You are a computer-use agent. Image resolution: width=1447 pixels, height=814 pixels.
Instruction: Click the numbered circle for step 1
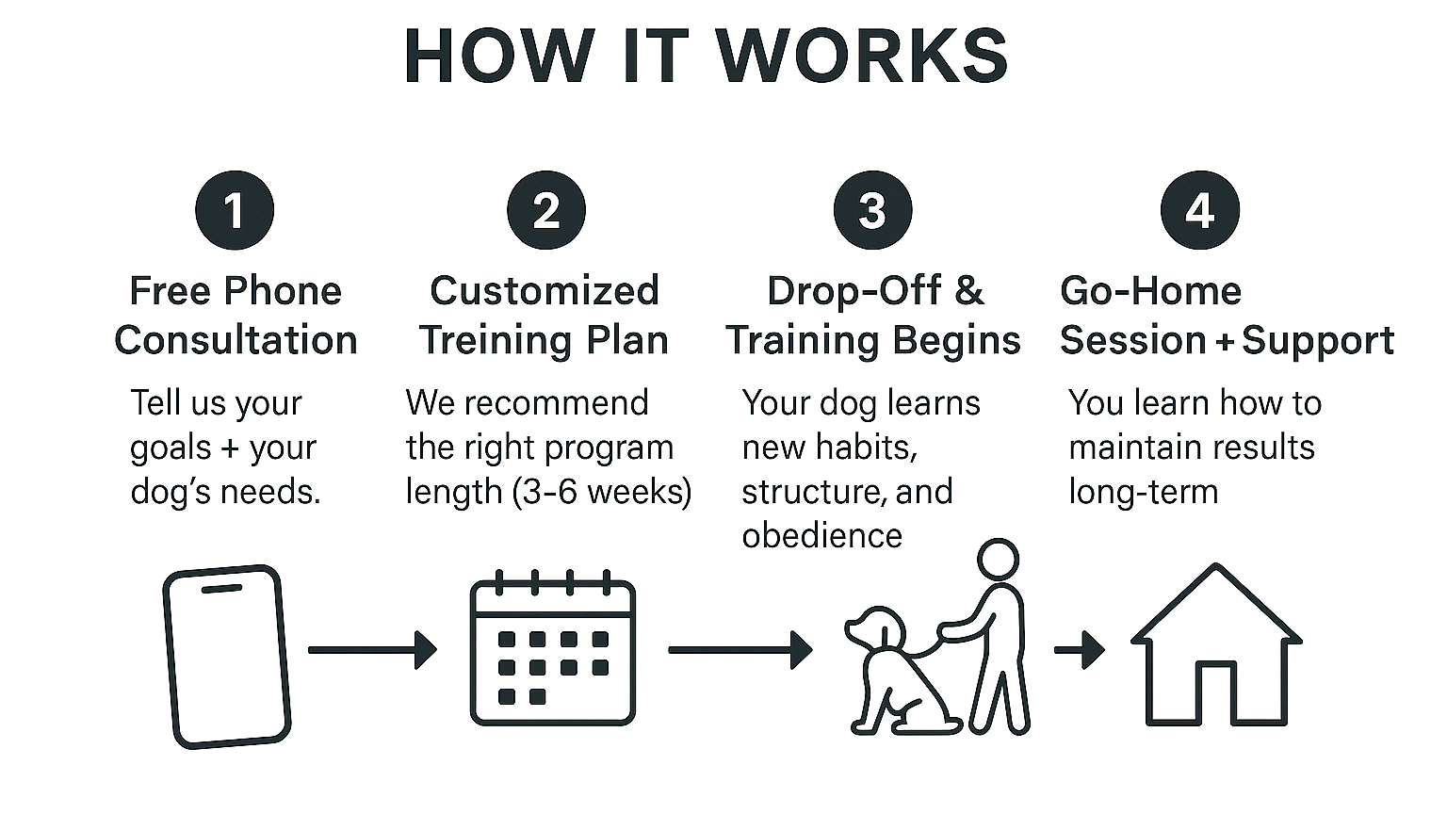pyautogui.click(x=235, y=210)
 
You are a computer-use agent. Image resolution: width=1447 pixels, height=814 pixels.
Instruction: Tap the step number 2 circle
pyautogui.click(x=546, y=210)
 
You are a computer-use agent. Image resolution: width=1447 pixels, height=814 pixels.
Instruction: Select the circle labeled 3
pyautogui.click(x=872, y=210)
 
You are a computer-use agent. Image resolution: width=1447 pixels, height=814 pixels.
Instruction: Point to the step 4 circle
pyautogui.click(x=1199, y=210)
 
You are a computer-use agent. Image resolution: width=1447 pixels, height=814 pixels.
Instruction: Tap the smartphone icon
pyautogui.click(x=226, y=657)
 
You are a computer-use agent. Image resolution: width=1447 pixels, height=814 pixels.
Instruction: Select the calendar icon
pyautogui.click(x=553, y=650)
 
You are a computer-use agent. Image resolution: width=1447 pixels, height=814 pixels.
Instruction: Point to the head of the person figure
pyautogui.click(x=997, y=560)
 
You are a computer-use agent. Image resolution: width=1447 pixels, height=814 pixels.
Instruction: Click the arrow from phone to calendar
pyautogui.click(x=372, y=650)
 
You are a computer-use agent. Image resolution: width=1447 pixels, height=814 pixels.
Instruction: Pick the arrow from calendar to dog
pyautogui.click(x=740, y=650)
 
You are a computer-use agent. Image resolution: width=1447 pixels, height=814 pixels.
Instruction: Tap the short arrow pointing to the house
pyautogui.click(x=1080, y=649)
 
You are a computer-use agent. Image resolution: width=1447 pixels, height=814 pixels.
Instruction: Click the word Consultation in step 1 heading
pyautogui.click(x=236, y=340)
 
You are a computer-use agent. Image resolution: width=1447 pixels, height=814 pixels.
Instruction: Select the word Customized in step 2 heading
pyautogui.click(x=545, y=291)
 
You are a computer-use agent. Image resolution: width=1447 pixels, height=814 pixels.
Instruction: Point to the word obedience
pyautogui.click(x=821, y=536)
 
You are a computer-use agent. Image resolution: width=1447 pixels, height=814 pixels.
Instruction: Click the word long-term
pyautogui.click(x=1143, y=492)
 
